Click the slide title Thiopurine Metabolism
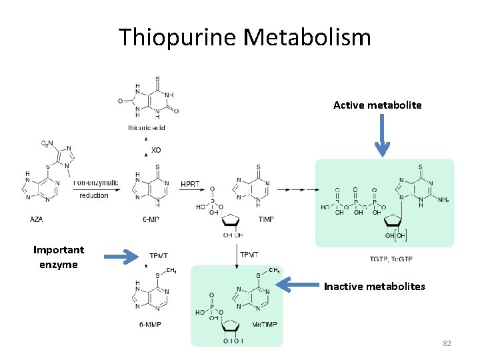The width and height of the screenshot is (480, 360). pos(245,37)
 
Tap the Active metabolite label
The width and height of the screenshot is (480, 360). pos(377,105)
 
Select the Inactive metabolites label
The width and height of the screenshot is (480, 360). pos(374,287)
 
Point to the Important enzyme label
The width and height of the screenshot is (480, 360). pos(59,257)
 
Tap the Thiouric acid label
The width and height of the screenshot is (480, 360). pos(147,127)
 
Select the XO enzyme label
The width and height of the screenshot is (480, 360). pos(155,150)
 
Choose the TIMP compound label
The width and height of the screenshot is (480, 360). pos(265,219)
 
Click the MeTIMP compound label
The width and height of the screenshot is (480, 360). pos(265,325)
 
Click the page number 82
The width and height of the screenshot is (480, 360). pos(447,343)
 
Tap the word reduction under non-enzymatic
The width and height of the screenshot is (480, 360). pos(93,195)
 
